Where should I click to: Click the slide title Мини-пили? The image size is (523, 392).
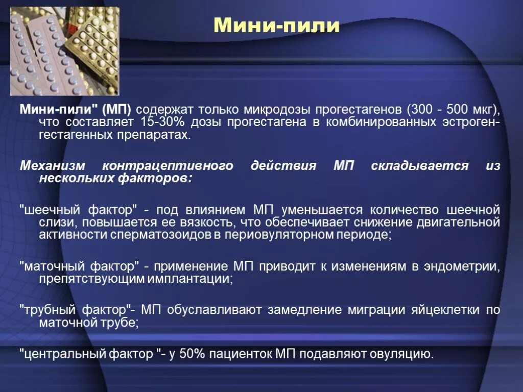276,25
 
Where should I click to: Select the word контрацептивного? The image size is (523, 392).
168,166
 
